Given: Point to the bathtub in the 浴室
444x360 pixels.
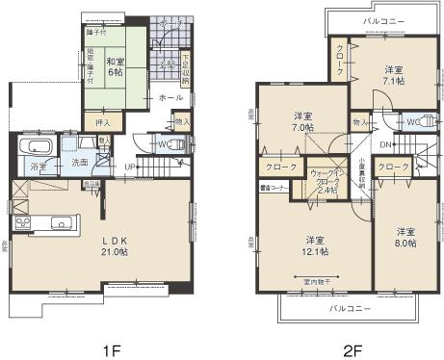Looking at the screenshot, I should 39,148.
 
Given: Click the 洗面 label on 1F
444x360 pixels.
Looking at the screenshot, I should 80,163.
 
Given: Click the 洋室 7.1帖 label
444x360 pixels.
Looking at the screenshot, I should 393,75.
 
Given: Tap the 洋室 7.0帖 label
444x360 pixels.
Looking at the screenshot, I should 302,122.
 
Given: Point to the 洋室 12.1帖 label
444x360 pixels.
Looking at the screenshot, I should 314,244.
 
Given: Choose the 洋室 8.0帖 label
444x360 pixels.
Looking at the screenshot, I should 404,237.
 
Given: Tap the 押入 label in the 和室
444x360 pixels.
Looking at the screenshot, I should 104,122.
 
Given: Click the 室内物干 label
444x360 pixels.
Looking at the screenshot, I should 315,281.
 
